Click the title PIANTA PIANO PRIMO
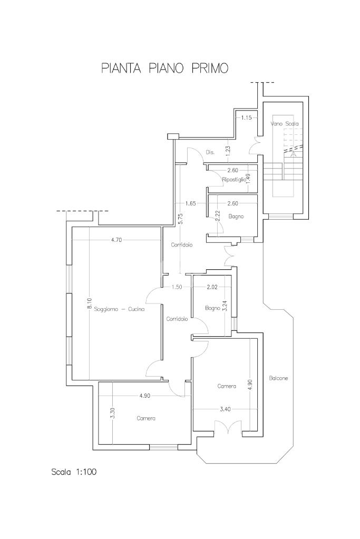click(165, 68)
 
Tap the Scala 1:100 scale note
click(74, 472)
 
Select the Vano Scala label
click(284, 124)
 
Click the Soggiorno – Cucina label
click(119, 310)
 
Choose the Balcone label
click(278, 378)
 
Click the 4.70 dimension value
click(116, 240)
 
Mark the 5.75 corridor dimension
click(180, 219)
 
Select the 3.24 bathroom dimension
click(225, 306)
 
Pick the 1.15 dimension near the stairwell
click(246, 117)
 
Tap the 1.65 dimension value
click(190, 203)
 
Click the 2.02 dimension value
click(212, 287)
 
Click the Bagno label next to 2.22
click(236, 216)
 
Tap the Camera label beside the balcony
click(227, 386)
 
